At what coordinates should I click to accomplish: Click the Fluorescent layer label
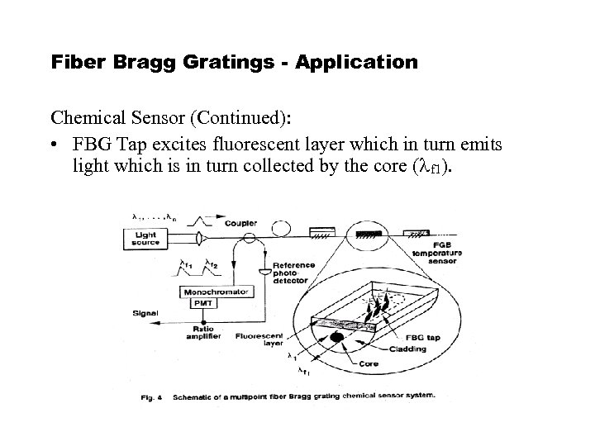(260, 340)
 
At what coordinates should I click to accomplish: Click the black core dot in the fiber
(336, 337)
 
